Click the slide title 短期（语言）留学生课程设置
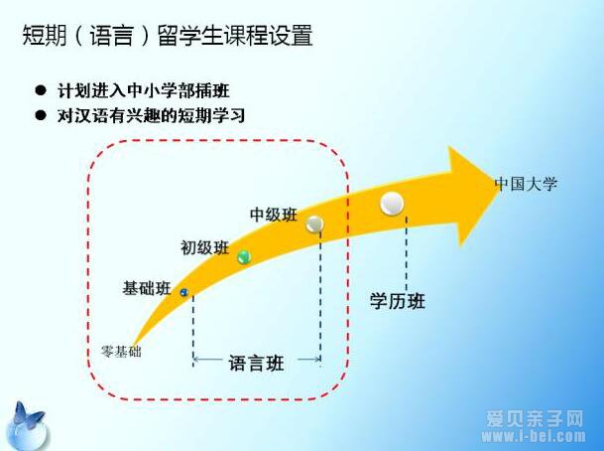168,36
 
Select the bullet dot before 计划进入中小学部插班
40,90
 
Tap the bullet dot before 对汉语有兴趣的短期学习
40,114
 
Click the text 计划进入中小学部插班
143,90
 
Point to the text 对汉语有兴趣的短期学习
151,115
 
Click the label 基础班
147,288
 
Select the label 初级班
205,247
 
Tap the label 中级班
274,215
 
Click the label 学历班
398,301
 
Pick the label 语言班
256,363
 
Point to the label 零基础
121,352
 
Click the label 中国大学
527,184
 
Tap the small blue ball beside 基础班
184,292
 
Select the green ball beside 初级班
244,256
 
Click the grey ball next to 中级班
314,224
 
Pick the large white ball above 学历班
392,204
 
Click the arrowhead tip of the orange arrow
500,188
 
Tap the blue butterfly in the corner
28,416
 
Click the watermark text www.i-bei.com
534,436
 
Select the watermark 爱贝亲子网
535,418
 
